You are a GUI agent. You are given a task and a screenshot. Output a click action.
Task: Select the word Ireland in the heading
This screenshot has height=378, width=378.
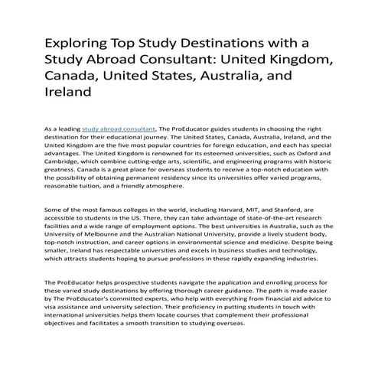pos(69,92)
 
